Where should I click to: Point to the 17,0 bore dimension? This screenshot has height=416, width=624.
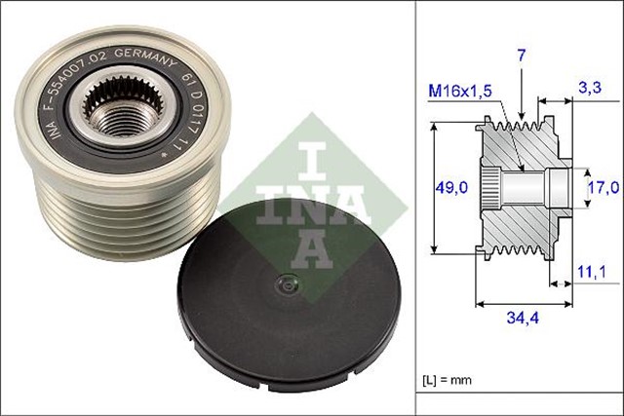pyautogui.click(x=604, y=185)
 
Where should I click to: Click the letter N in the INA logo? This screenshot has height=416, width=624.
pyautogui.click(x=284, y=200)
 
